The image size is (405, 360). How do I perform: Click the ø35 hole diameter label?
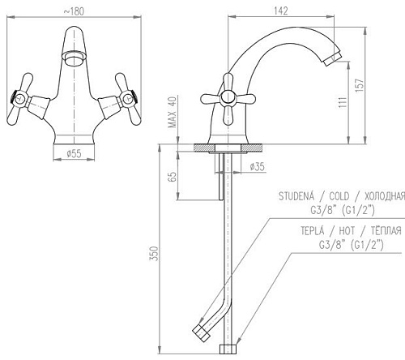pyautogui.click(x=258, y=166)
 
